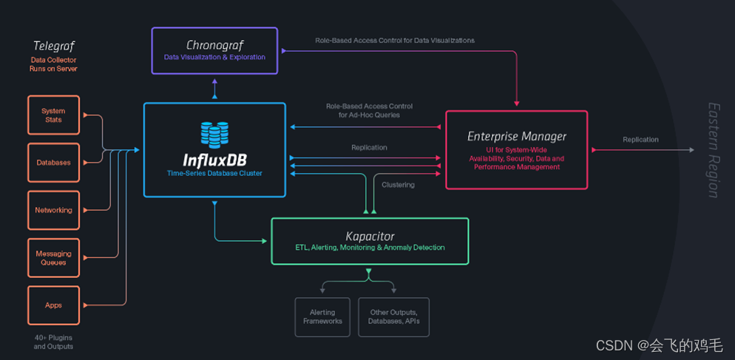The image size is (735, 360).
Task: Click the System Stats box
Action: point(53,115)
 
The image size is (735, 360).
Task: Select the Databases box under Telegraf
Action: point(53,162)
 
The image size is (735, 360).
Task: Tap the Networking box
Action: point(53,210)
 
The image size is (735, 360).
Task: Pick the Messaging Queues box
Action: point(53,258)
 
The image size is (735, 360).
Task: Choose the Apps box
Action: point(53,305)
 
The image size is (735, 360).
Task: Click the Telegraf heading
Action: point(53,46)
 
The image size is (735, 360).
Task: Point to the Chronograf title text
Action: point(214,45)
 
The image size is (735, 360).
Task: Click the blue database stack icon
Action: point(214,135)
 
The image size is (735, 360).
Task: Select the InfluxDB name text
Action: point(214,159)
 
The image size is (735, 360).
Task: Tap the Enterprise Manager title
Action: point(517,136)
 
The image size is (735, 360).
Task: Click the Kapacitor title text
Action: point(370,236)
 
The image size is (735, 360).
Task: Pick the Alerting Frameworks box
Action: point(322,316)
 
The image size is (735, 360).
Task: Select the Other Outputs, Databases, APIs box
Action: point(393,316)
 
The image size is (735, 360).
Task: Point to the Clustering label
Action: point(398,185)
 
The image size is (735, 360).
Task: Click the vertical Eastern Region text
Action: point(713,150)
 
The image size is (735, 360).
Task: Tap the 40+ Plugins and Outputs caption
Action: point(53,342)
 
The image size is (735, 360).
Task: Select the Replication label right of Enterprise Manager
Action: point(640,139)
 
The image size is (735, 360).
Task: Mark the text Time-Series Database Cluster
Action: point(214,173)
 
